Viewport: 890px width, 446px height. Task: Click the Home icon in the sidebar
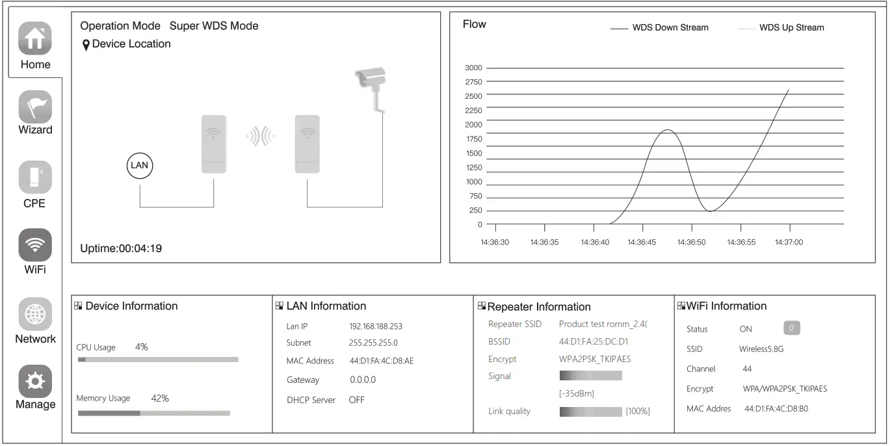(35, 39)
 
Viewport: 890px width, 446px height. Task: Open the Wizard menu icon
(35, 106)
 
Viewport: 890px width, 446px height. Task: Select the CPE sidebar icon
(35, 177)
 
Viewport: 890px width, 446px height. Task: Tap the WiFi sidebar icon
(35, 244)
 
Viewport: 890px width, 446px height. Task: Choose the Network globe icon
(35, 314)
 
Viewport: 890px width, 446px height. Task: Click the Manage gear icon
(35, 380)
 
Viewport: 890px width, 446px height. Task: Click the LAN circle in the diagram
(140, 165)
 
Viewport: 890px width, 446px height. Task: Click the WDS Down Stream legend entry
(670, 28)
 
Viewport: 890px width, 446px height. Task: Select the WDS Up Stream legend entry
(791, 28)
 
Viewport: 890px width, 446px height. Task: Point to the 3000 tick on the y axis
(473, 68)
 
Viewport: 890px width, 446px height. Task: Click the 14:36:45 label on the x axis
(642, 243)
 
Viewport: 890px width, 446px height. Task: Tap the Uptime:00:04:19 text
(121, 248)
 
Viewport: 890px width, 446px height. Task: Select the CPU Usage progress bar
(158, 360)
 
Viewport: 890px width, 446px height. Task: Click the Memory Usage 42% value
(160, 399)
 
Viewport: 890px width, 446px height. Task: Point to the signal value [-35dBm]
(577, 393)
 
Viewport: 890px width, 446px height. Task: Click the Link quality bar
(590, 412)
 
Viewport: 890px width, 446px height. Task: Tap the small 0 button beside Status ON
(791, 328)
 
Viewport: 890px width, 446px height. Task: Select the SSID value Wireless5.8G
(761, 349)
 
